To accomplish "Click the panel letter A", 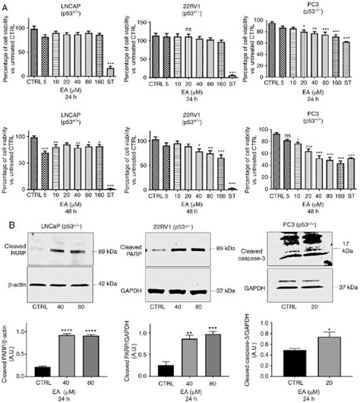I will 5,5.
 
